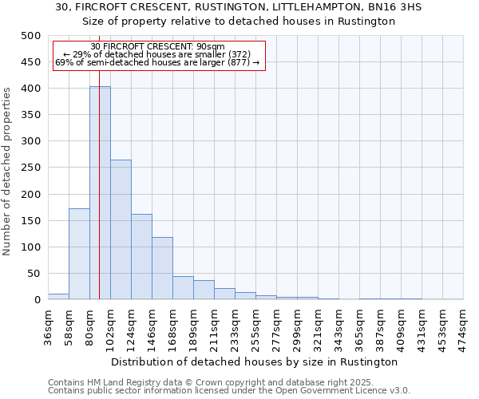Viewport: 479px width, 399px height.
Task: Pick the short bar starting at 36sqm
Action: tap(58, 296)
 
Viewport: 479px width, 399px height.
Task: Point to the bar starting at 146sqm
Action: tap(162, 268)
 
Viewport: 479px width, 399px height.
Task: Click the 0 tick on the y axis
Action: tap(38, 300)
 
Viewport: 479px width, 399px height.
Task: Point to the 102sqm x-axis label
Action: tap(111, 326)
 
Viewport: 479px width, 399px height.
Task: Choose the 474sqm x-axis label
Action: tap(464, 326)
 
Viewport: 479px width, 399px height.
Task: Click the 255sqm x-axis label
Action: tap(256, 326)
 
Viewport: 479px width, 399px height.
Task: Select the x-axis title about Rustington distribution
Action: tap(255, 361)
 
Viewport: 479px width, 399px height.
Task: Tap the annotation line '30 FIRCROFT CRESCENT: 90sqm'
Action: tap(158, 46)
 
